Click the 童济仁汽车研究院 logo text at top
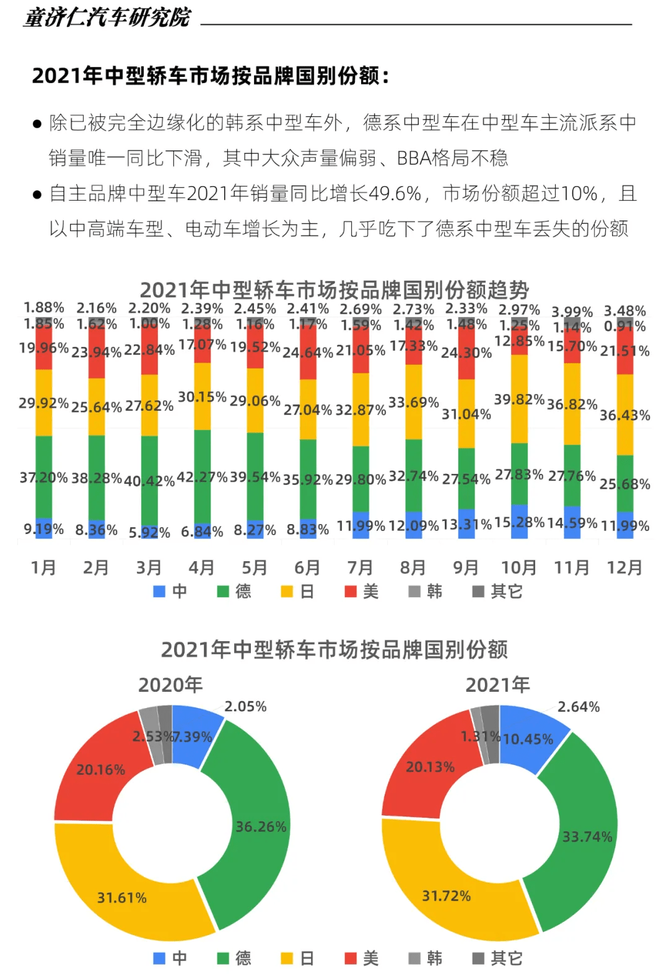[x=107, y=17]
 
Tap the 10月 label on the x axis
[x=518, y=567]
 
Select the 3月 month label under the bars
[x=149, y=567]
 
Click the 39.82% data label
[x=519, y=400]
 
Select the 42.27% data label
[x=202, y=477]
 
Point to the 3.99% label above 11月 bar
[x=572, y=312]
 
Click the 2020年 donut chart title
[x=170, y=684]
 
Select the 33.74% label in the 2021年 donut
[x=587, y=837]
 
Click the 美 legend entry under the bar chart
[x=362, y=592]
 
